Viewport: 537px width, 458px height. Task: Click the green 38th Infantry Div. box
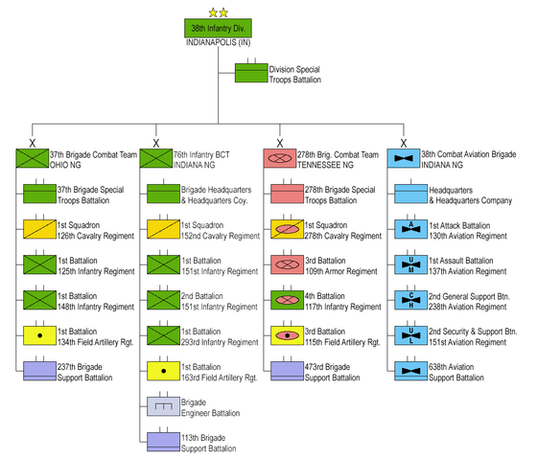[218, 28]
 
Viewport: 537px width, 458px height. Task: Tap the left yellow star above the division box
[213, 13]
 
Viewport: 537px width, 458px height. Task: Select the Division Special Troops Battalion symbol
[251, 73]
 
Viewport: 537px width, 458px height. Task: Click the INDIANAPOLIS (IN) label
[219, 42]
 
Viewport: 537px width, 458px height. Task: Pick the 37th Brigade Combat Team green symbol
[33, 158]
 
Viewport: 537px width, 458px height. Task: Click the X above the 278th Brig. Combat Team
[280, 143]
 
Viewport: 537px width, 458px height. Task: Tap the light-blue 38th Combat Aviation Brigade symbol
[404, 158]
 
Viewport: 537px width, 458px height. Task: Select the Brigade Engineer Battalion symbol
[163, 406]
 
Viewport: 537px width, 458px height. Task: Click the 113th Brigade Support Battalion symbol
[163, 442]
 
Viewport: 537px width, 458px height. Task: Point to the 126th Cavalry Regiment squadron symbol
[39, 229]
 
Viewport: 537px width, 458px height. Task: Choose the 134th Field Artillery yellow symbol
[39, 335]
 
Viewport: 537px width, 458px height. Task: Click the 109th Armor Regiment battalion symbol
[287, 264]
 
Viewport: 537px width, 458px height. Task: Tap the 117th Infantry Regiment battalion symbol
[287, 300]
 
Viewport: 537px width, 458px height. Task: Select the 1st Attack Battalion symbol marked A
[411, 229]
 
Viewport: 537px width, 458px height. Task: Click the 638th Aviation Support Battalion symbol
[411, 371]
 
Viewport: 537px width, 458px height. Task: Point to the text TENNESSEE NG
[325, 165]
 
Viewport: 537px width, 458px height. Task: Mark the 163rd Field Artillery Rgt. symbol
[163, 371]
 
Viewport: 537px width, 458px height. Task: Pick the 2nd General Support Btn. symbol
[411, 300]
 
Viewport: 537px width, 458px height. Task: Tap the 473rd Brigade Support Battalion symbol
[287, 371]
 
